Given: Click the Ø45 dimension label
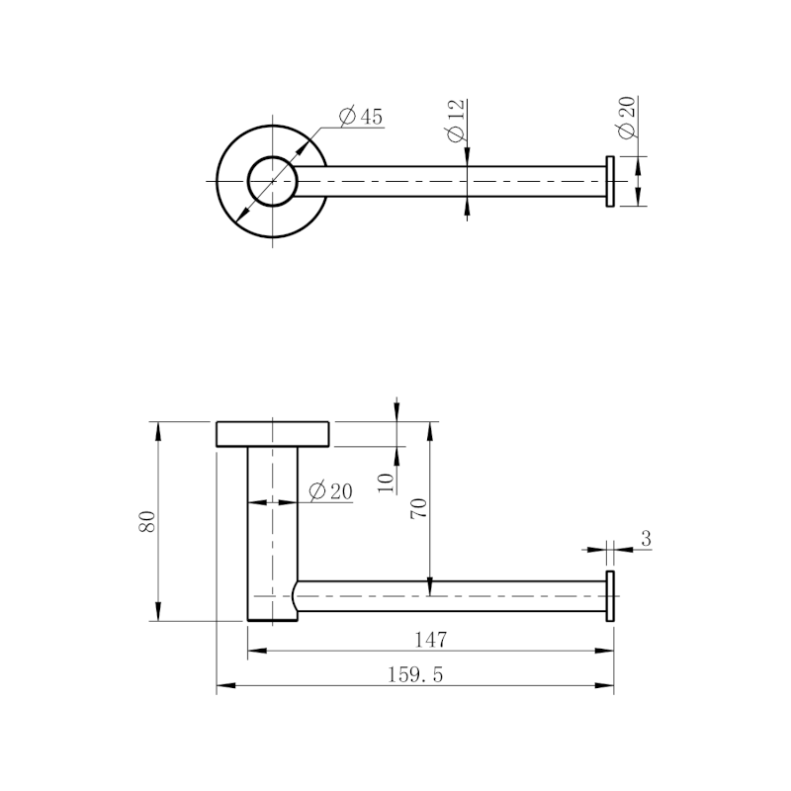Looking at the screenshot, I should pyautogui.click(x=361, y=117).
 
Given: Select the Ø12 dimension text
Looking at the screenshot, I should pyautogui.click(x=456, y=122).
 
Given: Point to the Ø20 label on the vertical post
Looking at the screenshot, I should pyautogui.click(x=330, y=491).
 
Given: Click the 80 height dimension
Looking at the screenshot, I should pyautogui.click(x=147, y=521).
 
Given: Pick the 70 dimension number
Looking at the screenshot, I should pyautogui.click(x=418, y=508).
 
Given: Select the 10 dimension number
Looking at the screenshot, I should pyautogui.click(x=386, y=483).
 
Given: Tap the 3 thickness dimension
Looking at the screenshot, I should pyautogui.click(x=645, y=538).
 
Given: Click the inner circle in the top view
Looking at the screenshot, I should pyautogui.click(x=271, y=182).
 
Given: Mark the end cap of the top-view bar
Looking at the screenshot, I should pyautogui.click(x=610, y=182).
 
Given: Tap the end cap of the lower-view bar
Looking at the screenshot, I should pyautogui.click(x=610, y=596).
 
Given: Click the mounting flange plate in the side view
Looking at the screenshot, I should pyautogui.click(x=272, y=434).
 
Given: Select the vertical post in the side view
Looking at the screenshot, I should pyautogui.click(x=272, y=534).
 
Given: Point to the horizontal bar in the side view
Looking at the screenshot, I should pyautogui.click(x=450, y=596).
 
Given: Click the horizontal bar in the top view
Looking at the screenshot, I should pyautogui.click(x=450, y=182).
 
